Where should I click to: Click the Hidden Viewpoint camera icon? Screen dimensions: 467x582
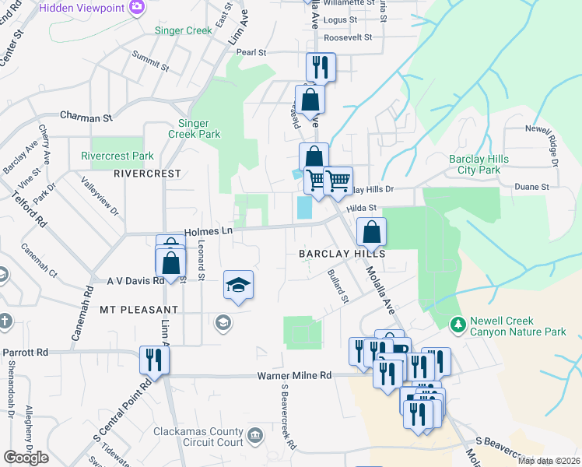pos(138,7)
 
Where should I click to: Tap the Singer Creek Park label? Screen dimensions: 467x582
pos(199,128)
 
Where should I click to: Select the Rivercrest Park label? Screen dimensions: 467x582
pos(117,156)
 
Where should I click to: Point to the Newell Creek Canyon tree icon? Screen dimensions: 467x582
pos(458,323)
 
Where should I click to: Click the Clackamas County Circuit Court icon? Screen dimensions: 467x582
pos(254,434)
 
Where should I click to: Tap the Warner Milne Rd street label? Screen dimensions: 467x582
pos(295,376)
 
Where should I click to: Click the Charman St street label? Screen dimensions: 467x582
pos(86,118)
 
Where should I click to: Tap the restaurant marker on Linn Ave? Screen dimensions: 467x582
pos(153,360)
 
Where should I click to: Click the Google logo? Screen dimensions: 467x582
pos(26,458)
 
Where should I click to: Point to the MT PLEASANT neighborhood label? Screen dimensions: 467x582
pos(138,310)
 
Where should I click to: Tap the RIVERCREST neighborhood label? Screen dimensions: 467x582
pos(147,174)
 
